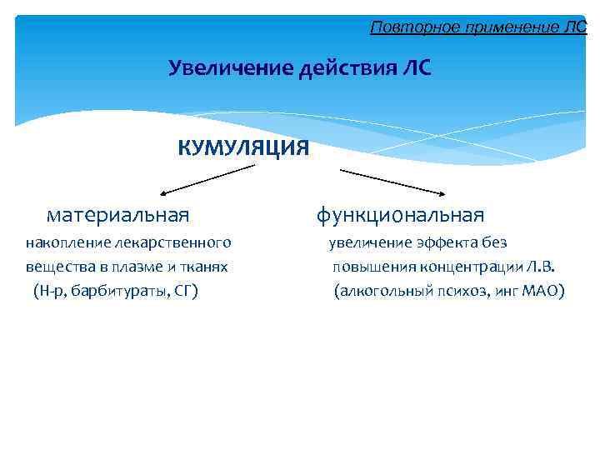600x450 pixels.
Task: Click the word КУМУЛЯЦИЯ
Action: pyautogui.click(x=243, y=148)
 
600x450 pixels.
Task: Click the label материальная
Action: pyautogui.click(x=117, y=216)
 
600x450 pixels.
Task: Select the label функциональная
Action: pyautogui.click(x=399, y=216)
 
